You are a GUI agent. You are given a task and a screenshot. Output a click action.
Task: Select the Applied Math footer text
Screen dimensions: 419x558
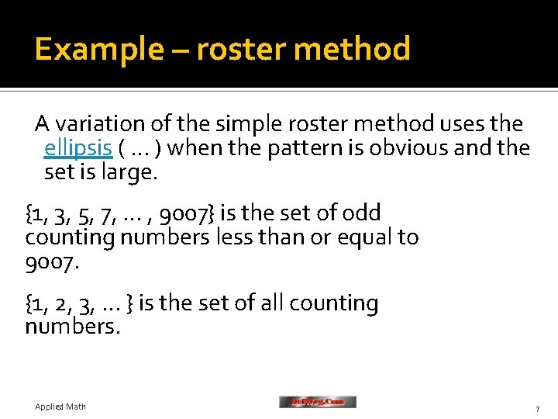click(x=60, y=407)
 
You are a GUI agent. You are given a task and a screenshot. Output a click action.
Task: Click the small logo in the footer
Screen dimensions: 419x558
click(x=318, y=402)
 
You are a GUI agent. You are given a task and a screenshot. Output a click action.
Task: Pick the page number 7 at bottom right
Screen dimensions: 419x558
click(x=536, y=408)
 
